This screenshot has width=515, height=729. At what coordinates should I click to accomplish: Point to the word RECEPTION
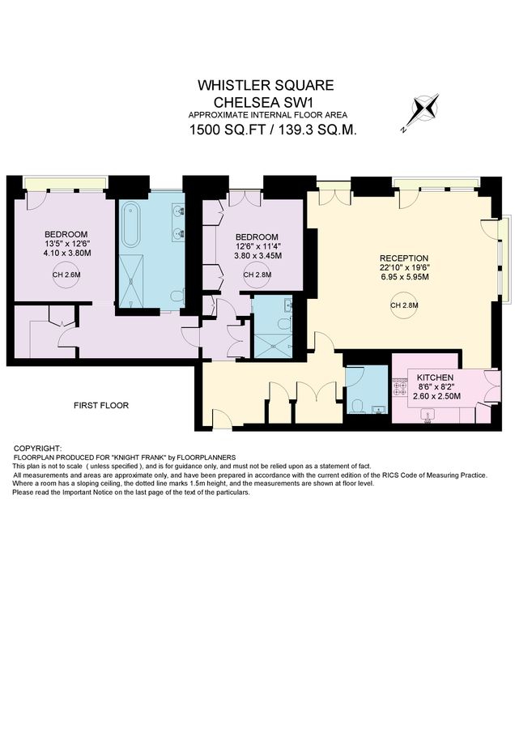[402, 258]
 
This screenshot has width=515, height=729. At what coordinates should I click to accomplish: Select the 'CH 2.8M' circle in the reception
[402, 305]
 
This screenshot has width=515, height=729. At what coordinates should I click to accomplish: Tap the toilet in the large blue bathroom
[179, 295]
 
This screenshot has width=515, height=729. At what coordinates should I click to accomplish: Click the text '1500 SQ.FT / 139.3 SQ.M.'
[272, 130]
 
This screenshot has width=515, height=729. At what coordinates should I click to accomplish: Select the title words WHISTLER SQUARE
[266, 85]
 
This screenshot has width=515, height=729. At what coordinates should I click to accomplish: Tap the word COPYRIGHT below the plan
[38, 448]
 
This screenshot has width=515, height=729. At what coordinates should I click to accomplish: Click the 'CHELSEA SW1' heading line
[266, 102]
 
